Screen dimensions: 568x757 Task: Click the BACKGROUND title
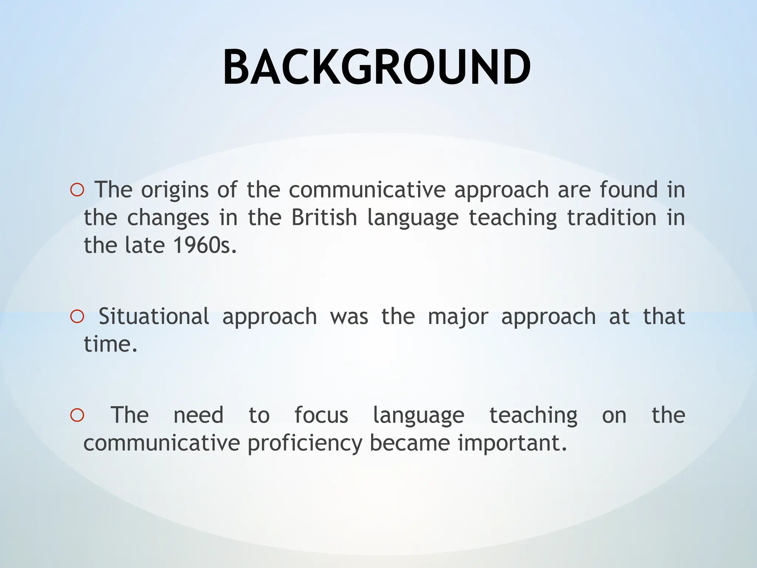377,68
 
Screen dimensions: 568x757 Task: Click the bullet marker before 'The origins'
77,190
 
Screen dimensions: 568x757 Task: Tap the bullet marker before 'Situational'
77,317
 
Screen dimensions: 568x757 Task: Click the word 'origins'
175,190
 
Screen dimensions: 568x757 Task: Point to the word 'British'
324,217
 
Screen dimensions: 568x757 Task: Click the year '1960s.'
205,245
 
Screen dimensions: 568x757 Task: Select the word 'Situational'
154,317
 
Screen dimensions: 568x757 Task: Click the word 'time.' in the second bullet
111,344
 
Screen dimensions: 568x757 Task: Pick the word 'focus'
321,415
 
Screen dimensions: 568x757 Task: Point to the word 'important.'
512,443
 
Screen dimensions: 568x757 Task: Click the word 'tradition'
611,217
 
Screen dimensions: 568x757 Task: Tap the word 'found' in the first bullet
628,190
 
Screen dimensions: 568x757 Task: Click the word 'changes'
168,218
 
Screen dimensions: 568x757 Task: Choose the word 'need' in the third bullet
198,415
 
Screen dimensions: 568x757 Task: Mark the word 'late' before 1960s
145,245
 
